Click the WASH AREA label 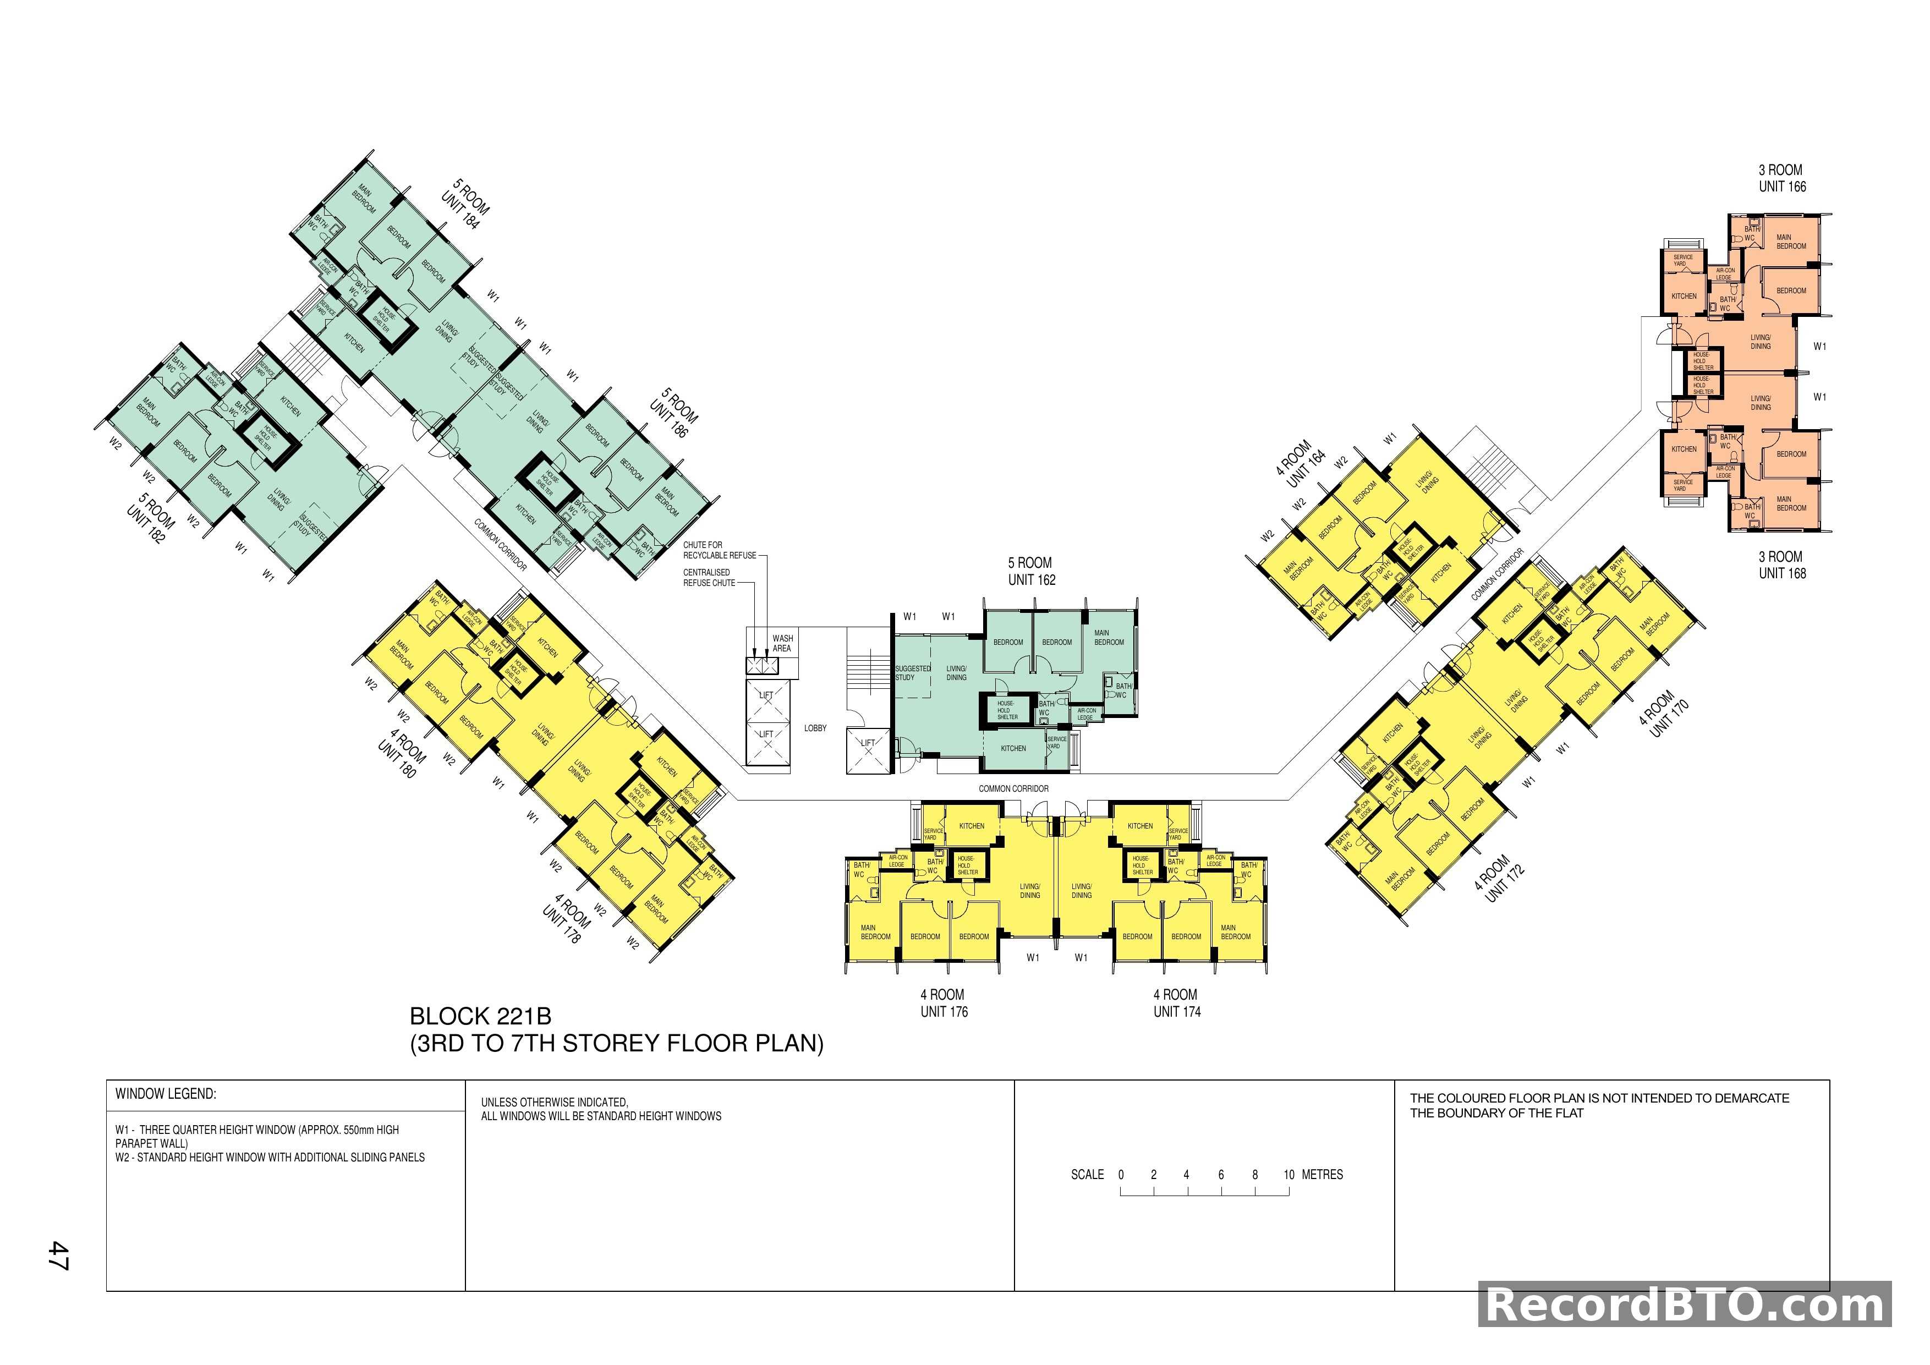tap(782, 643)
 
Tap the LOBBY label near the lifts tap(815, 728)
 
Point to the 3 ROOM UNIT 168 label tap(1781, 565)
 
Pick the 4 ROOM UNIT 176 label tap(943, 1003)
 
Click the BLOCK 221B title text tap(480, 1016)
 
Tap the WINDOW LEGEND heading tap(166, 1094)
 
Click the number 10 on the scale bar tap(1289, 1175)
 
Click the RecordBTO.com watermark tap(1685, 1306)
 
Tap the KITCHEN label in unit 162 tap(1013, 748)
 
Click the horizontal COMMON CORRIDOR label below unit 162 tap(1013, 788)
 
